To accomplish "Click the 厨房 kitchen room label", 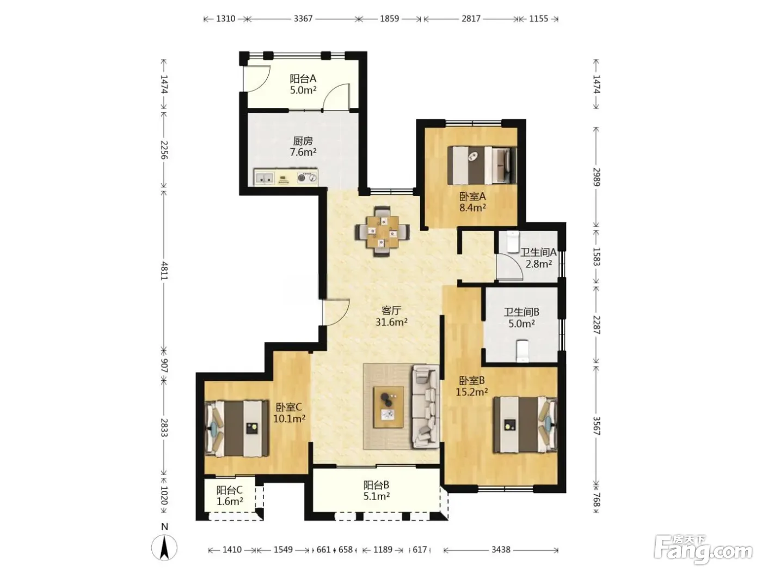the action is (x=303, y=141).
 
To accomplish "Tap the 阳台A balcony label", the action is (x=303, y=79).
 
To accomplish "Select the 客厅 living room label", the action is (x=391, y=310).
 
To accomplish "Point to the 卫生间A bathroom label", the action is (x=538, y=252).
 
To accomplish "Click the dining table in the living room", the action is (x=382, y=232).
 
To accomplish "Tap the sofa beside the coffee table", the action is (x=426, y=406).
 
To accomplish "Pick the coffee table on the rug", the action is (x=389, y=407).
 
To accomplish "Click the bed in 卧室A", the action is (x=482, y=165).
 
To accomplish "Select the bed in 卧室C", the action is (x=237, y=429).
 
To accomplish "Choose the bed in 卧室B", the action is (x=525, y=425).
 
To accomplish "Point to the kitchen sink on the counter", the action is (x=265, y=178).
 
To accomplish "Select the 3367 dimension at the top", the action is (x=303, y=19).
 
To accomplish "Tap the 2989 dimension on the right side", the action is (x=597, y=177).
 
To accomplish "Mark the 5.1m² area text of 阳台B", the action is (x=377, y=496).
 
